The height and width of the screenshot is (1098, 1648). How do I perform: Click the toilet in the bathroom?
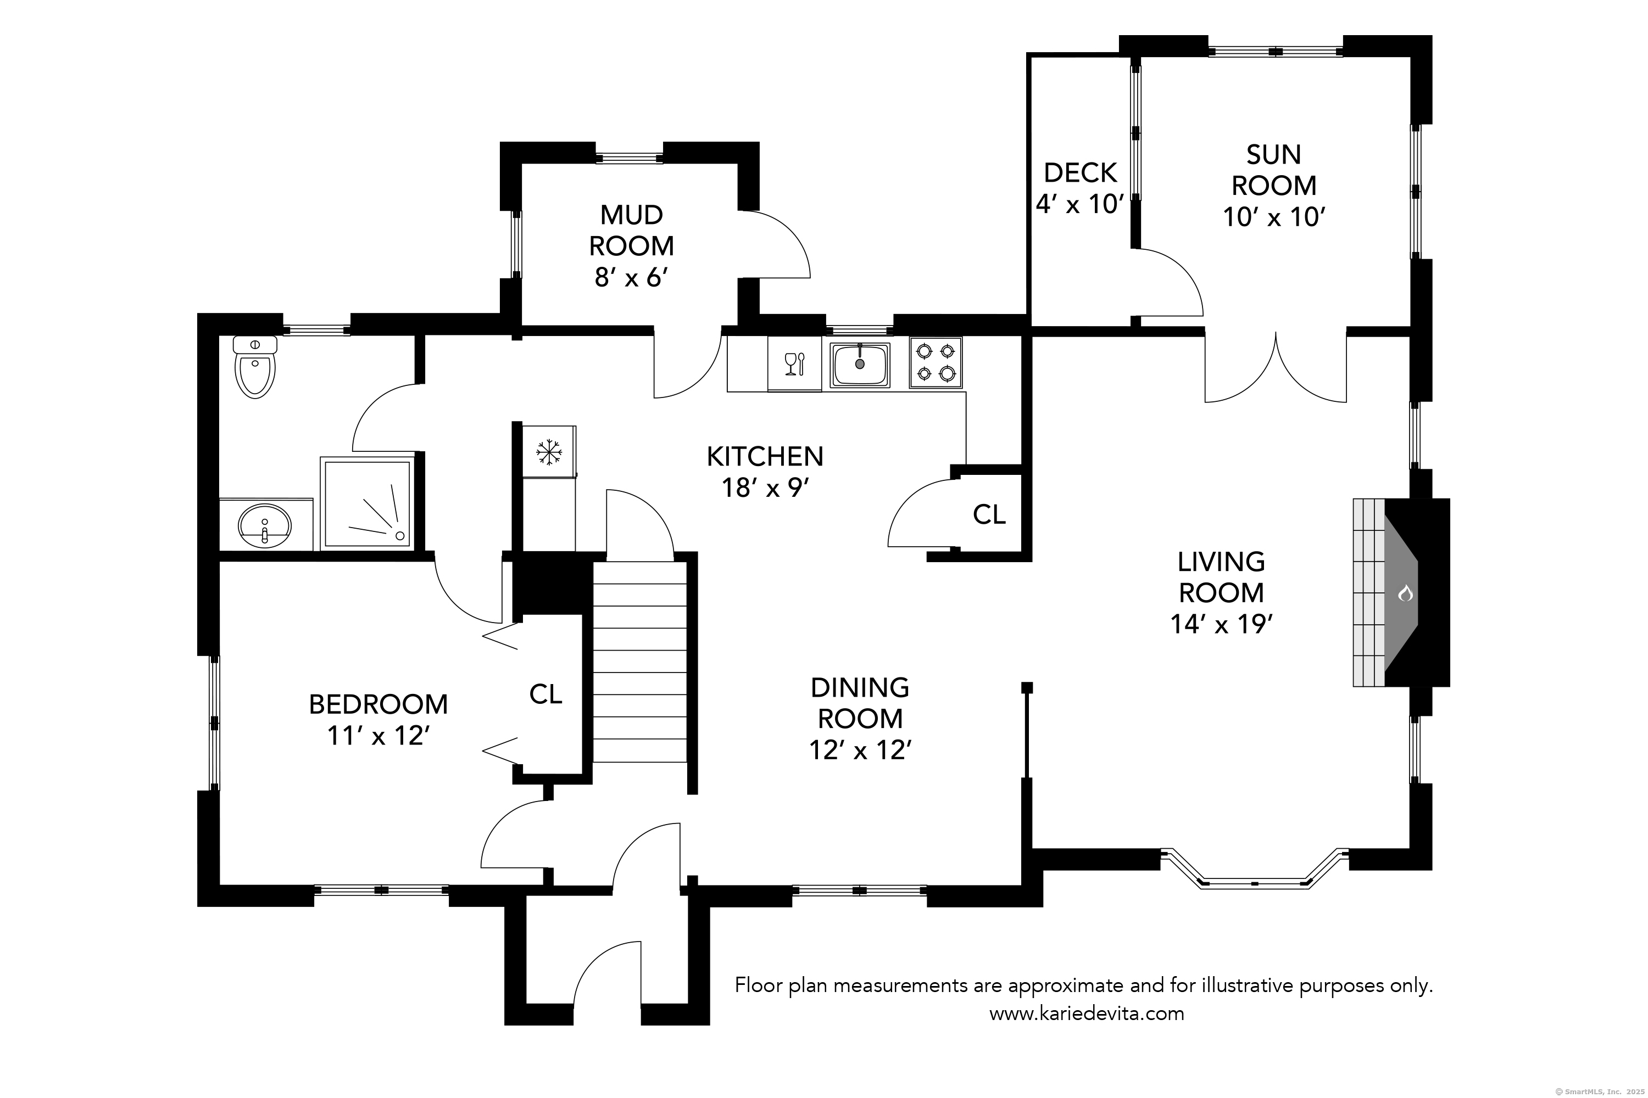(255, 369)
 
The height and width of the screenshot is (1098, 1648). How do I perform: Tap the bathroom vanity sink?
(265, 525)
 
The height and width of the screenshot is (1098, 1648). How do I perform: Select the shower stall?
(366, 503)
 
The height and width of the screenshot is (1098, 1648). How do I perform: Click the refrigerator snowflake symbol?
(549, 452)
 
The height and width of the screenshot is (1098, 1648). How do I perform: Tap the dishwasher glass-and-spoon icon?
(794, 364)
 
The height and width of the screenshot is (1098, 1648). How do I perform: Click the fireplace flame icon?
(1405, 594)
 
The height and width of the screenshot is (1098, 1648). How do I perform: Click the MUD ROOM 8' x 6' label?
(631, 246)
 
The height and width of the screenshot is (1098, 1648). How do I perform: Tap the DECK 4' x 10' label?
(1080, 188)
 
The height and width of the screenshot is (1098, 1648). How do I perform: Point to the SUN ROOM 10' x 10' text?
(1273, 186)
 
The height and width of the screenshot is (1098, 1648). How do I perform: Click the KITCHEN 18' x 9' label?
(765, 471)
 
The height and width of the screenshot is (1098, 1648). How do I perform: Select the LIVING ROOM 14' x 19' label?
(1221, 592)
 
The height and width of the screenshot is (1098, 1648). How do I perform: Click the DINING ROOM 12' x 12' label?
(860, 719)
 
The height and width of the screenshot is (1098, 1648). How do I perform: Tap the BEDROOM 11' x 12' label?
(378, 719)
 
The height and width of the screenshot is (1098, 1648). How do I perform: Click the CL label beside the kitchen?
(989, 515)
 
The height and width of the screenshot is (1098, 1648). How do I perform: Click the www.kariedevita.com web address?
(1086, 1013)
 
